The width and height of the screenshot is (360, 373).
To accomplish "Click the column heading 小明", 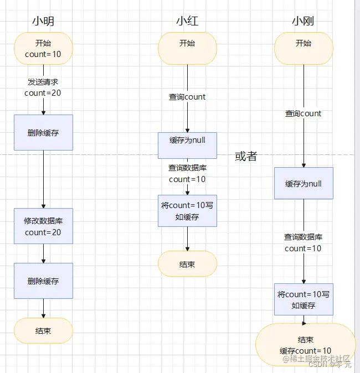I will click(43, 22).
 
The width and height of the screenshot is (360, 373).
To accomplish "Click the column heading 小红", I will click(187, 22).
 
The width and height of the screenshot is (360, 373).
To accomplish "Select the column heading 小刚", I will click(304, 22).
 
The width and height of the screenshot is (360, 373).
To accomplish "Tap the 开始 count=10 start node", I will click(43, 49).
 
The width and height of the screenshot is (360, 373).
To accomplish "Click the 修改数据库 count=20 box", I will click(43, 226).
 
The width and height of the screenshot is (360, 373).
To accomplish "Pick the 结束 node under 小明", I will click(43, 331).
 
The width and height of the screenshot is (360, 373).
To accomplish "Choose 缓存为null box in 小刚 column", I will click(304, 183).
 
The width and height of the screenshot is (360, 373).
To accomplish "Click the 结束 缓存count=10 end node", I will click(306, 345).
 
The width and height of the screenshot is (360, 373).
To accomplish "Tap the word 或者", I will click(246, 156).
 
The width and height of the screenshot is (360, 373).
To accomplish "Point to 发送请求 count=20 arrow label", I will click(43, 87).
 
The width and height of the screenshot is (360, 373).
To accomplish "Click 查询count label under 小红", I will click(187, 97).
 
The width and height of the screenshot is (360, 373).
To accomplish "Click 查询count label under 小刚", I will click(304, 113).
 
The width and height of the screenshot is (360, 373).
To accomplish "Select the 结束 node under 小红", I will click(187, 264).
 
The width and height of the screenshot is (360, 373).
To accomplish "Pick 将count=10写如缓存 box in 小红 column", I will click(187, 211).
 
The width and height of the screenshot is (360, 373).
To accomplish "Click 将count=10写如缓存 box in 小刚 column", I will click(304, 299).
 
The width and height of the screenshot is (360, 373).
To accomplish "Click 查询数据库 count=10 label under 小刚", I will click(304, 242).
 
